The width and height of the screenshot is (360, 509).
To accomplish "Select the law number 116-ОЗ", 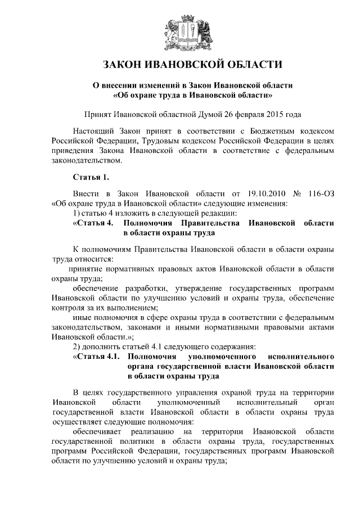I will tap(321, 193).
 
